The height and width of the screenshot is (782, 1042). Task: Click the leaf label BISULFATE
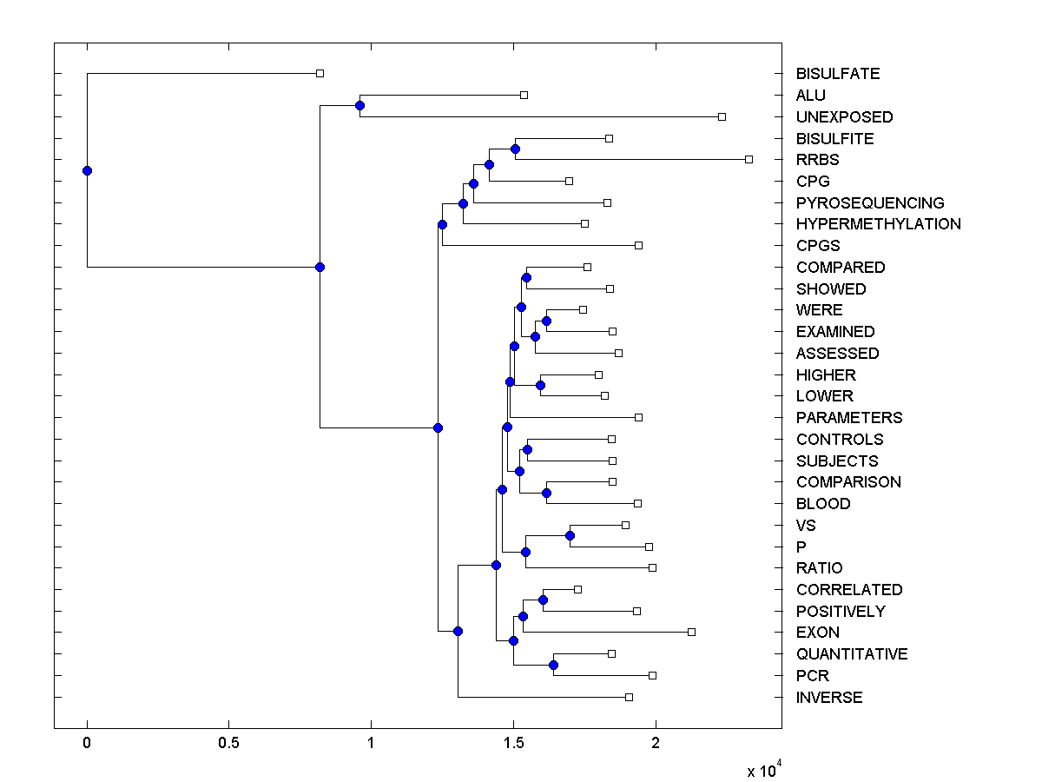837,74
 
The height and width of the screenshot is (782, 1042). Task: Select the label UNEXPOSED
844,116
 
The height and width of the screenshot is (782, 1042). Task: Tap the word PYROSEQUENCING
870,202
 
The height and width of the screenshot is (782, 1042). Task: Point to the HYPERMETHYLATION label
878,224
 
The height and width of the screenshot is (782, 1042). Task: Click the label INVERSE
829,698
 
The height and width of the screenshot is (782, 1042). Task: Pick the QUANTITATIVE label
851,654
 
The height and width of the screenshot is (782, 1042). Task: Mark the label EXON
817,633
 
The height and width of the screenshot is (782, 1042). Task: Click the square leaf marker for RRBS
749,159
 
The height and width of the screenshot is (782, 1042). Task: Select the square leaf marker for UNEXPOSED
722,116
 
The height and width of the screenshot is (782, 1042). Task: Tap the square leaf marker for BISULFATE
320,73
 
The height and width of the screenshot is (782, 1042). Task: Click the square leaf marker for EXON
691,632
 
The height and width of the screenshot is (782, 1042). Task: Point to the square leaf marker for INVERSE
629,697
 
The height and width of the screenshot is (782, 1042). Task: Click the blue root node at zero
87,170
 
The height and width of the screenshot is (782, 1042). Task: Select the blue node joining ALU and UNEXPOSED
359,105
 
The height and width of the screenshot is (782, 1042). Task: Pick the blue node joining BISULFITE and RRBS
515,149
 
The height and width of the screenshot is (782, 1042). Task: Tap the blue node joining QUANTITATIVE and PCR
553,665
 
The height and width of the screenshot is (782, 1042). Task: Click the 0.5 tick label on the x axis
229,745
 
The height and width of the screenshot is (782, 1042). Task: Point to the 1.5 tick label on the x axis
513,745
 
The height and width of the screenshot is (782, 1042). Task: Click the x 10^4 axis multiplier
765,770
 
